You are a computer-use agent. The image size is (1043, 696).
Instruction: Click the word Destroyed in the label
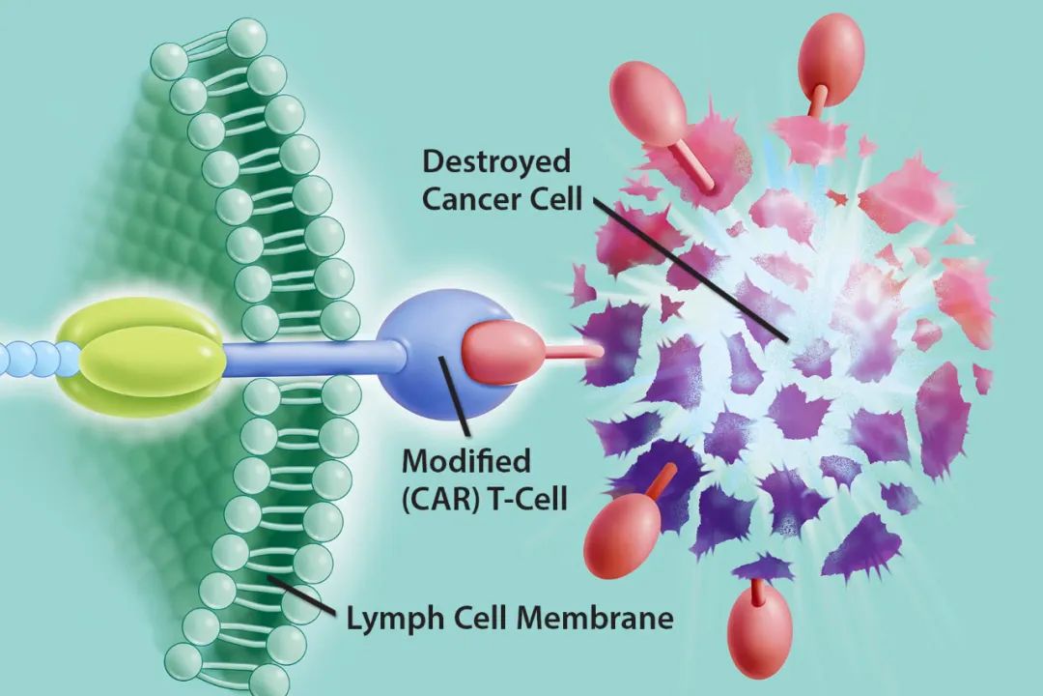point(496,160)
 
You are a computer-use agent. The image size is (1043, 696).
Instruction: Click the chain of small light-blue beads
point(29,357)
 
